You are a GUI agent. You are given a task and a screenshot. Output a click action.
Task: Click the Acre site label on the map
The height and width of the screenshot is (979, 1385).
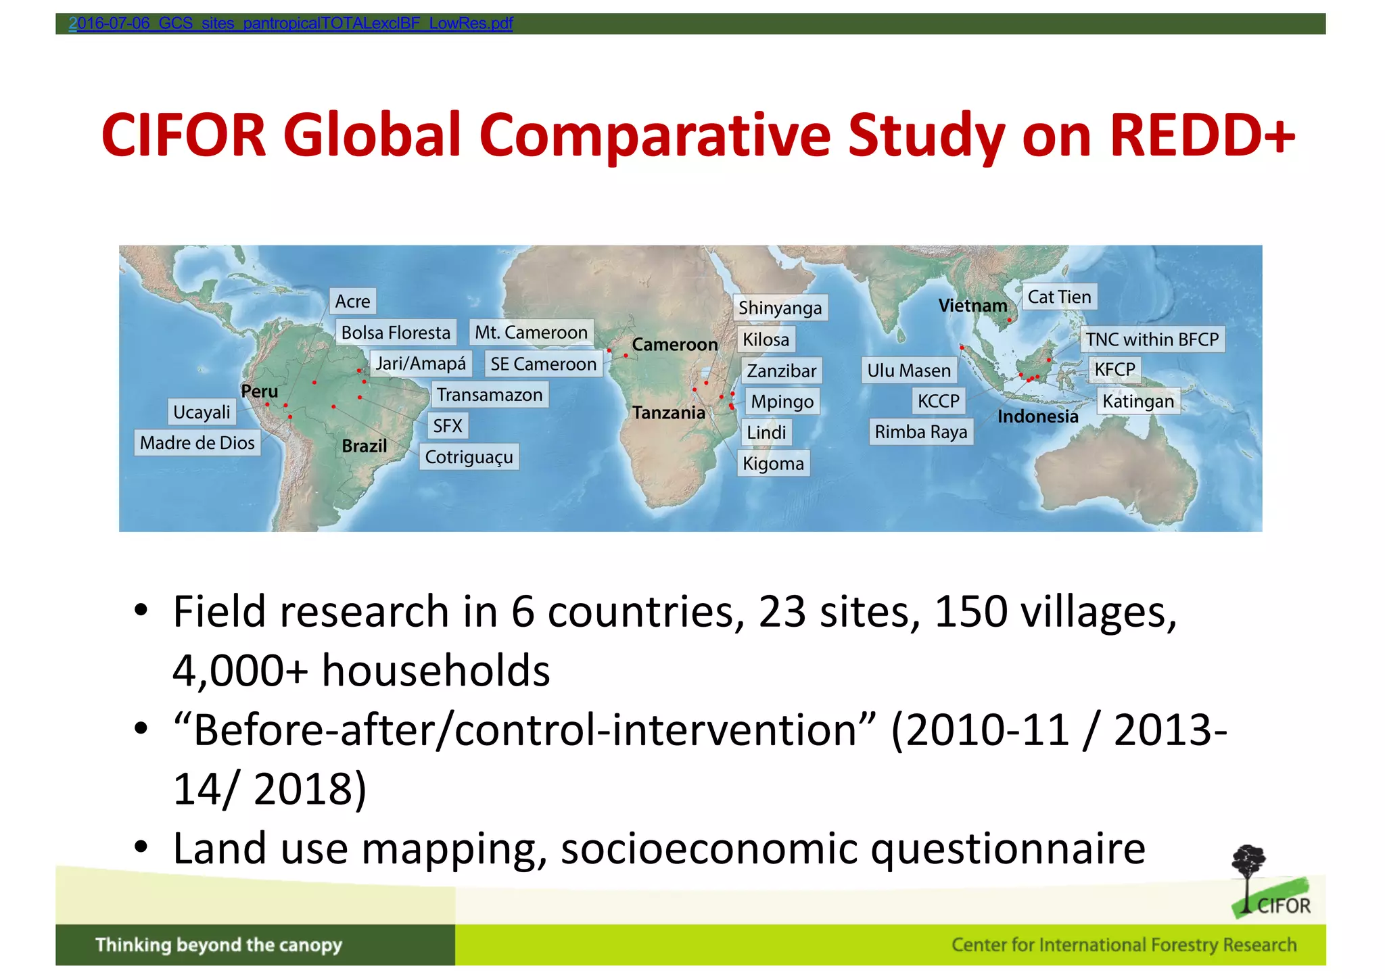352,302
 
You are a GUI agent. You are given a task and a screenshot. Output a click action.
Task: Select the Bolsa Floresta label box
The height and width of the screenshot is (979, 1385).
396,333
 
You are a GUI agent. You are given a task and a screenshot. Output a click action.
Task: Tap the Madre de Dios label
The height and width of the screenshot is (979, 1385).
197,443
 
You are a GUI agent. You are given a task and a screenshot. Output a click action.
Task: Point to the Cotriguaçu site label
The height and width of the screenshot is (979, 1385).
469,457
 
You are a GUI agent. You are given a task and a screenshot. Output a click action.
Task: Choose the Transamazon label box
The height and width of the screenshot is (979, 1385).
489,395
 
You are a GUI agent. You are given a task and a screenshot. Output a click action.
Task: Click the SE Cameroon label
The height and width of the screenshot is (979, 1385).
543,364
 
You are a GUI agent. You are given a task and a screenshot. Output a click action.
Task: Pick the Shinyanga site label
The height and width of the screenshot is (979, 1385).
780,308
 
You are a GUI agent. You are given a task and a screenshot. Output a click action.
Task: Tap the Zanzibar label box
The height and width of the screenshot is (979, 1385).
781,371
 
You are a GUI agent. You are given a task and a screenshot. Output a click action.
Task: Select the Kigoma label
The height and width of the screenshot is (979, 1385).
773,464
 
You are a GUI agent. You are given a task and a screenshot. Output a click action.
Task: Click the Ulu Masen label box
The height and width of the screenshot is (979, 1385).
909,371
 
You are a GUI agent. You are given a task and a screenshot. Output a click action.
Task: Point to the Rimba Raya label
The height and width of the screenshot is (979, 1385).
920,432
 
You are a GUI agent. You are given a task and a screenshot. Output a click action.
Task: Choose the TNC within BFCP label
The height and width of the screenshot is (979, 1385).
1152,339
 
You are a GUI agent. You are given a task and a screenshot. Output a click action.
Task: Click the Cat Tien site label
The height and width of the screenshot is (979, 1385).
1059,297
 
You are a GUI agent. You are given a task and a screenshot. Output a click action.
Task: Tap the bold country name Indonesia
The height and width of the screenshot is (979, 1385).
1037,416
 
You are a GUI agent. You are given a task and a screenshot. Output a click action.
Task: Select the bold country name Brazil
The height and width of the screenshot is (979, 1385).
365,446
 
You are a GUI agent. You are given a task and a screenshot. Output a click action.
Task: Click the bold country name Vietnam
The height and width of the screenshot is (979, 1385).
972,306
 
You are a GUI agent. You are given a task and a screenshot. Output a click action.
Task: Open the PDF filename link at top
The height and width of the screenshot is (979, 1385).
291,24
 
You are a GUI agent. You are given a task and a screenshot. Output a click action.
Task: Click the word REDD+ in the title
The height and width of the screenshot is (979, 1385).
1202,135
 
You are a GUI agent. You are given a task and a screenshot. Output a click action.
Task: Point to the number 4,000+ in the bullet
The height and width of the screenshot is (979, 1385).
240,671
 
